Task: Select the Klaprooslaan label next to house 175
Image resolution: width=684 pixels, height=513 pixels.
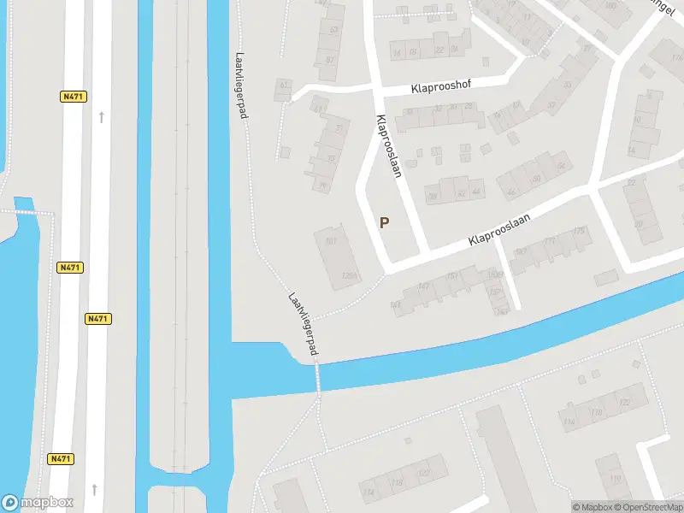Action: [x=499, y=231]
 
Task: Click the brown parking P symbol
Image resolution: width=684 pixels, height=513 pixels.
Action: [x=385, y=223]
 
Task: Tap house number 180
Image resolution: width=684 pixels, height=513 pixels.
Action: [x=610, y=6]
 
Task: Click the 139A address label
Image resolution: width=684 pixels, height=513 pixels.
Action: [x=348, y=275]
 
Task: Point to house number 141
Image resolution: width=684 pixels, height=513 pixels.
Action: [x=395, y=304]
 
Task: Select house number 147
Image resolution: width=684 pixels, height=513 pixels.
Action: [x=423, y=286]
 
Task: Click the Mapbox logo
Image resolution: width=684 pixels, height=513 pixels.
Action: [x=38, y=503]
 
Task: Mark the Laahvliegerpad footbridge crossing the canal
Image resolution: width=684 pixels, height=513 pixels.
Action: [x=317, y=376]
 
